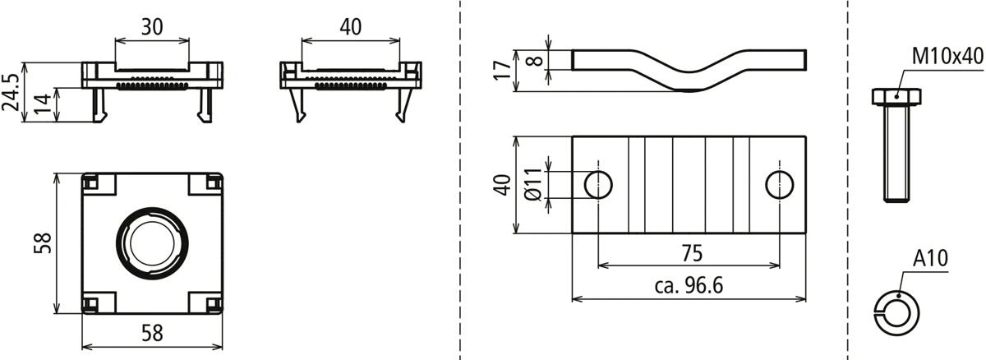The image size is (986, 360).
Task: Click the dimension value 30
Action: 151,26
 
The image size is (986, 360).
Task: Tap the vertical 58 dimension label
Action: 43,242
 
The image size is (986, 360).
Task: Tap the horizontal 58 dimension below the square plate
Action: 152,333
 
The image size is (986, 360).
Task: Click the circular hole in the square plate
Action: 152,242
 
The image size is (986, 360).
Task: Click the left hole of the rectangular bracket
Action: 598,184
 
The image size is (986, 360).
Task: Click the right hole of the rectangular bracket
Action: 779,184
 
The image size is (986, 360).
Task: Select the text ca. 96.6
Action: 689,286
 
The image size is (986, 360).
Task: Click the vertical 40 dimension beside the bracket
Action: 502,184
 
